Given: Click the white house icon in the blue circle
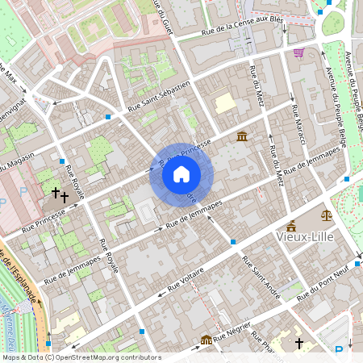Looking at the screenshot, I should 181,174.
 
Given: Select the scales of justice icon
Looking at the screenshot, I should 327,215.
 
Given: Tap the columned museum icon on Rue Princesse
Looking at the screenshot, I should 242,136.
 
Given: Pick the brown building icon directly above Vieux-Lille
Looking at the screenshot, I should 290,225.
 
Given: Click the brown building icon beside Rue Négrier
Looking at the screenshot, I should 207,340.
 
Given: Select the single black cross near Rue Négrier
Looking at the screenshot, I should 298,344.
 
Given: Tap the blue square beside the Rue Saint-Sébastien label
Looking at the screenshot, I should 108,117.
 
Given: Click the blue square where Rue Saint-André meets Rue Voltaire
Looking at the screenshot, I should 232,241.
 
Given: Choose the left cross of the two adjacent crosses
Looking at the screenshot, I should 56,193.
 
